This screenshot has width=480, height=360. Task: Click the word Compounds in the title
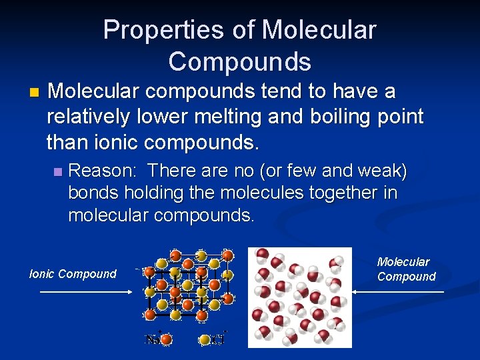[x=239, y=61]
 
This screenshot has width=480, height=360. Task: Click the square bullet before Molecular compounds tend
[x=35, y=91]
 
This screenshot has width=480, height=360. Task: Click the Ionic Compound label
[x=73, y=274]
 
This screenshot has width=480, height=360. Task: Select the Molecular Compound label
[x=406, y=269]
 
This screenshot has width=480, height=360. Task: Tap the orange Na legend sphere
[x=167, y=339]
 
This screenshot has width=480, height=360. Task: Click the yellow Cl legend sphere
[x=205, y=339]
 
